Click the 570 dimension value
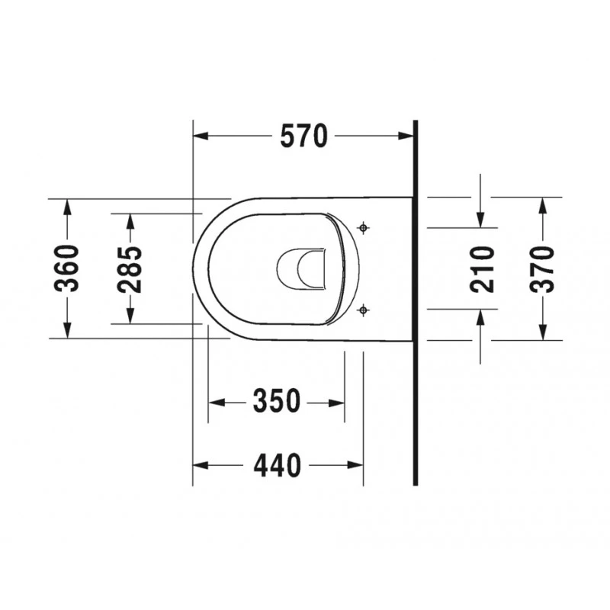click(x=303, y=136)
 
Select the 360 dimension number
click(x=66, y=268)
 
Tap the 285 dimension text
click(x=130, y=269)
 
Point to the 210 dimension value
click(x=482, y=269)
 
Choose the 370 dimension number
click(x=542, y=269)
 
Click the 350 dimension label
click(x=277, y=401)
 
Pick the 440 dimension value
click(x=277, y=465)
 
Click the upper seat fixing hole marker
click(x=364, y=227)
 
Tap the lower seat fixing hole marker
click(x=364, y=310)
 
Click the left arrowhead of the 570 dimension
click(x=201, y=136)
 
